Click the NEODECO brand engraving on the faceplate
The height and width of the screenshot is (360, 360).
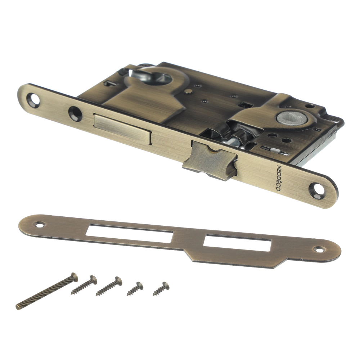[278, 178]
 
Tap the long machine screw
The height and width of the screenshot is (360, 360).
[47, 291]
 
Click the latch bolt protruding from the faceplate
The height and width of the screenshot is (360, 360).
[210, 161]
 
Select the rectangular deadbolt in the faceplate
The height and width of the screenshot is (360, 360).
[123, 129]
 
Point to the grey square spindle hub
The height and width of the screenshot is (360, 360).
[292, 118]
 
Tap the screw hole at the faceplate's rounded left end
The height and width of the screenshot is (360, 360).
[33, 100]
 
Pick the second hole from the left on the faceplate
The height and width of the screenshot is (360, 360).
[75, 113]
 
